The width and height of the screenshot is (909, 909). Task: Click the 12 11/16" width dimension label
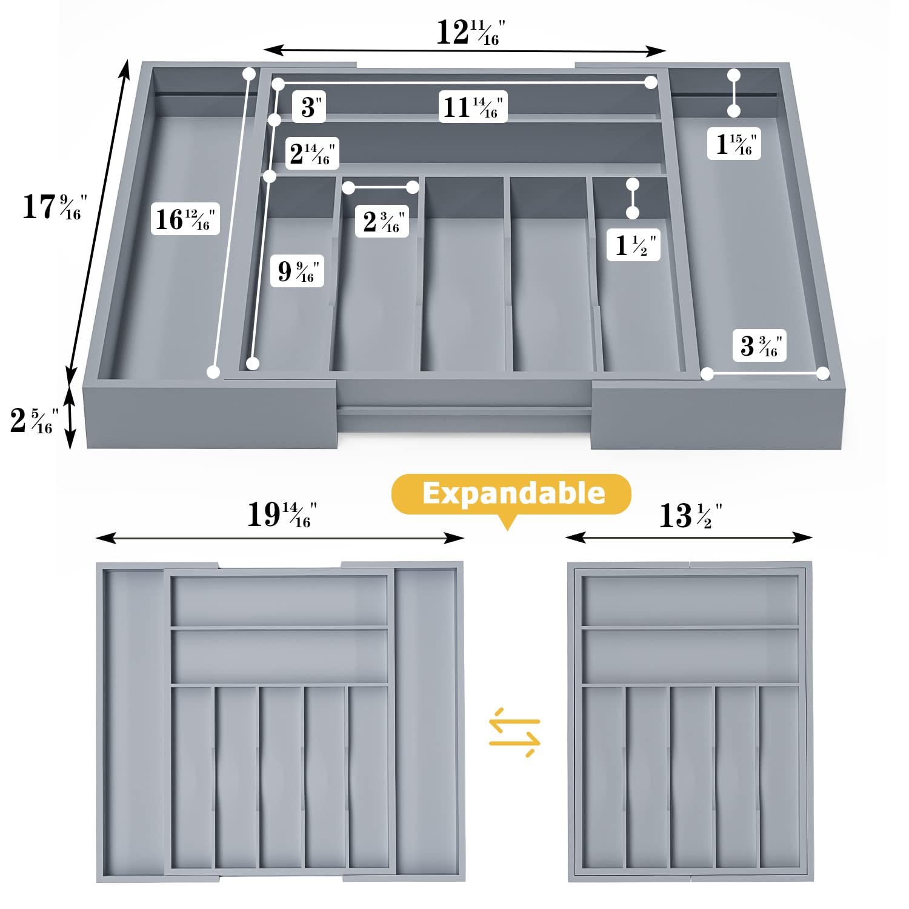coord(471,33)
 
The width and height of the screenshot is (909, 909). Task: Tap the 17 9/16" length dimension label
coord(55,207)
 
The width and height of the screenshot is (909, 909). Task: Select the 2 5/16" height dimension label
coord(35,421)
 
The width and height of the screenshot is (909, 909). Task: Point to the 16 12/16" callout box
coord(185,219)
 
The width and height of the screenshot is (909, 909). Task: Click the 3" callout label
coord(310,107)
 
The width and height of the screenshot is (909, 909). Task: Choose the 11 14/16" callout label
coord(473,107)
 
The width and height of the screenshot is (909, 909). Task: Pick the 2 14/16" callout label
coord(312,153)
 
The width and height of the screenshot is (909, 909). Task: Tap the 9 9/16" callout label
coord(298,270)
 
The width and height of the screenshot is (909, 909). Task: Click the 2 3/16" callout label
coord(382,221)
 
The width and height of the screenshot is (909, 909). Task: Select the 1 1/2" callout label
coord(634,245)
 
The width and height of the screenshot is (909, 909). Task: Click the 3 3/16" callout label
coord(759,345)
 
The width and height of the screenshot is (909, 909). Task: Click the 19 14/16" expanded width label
coord(282,514)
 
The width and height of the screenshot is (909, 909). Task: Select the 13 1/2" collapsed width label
coord(690,516)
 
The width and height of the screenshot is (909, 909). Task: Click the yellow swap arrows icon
coord(514,732)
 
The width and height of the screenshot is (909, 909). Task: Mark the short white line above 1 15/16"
coord(734,93)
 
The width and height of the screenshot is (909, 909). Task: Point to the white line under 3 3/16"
coord(765,374)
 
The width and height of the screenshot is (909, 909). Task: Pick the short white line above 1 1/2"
coord(633,198)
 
